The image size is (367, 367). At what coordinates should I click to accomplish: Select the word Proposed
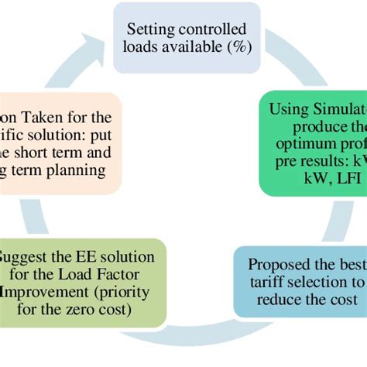282,265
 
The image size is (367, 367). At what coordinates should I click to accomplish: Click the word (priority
130,291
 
